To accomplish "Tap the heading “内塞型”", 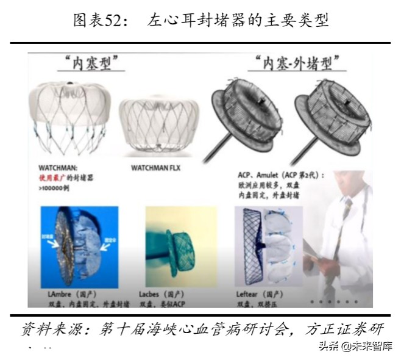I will tap(90, 63).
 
